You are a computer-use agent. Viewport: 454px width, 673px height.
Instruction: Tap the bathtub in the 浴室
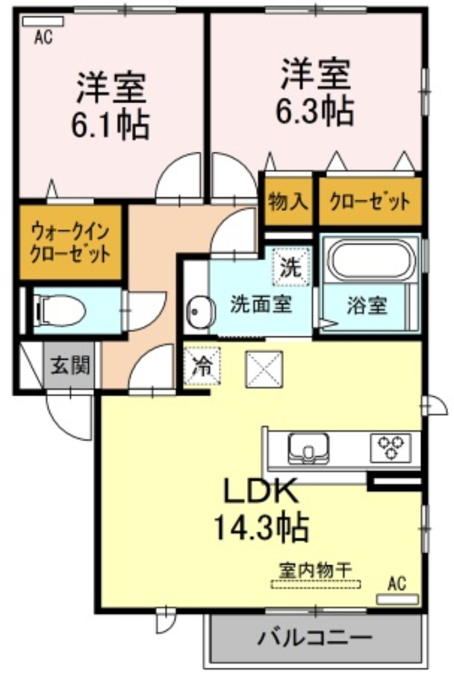pos(371,261)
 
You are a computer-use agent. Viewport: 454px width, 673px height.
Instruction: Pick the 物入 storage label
pos(288,201)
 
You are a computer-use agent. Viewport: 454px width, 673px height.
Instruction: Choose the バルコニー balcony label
pos(315,638)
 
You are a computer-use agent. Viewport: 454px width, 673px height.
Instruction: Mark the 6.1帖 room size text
pos(110,123)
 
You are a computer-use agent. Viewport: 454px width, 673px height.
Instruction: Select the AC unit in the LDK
pos(397,599)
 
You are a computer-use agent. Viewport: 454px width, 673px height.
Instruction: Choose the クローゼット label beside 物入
pos(369,201)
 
